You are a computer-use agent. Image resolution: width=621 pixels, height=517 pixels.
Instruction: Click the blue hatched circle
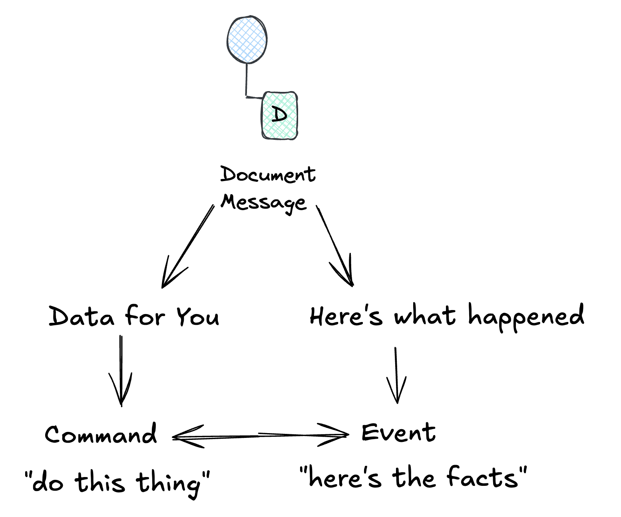coord(247,40)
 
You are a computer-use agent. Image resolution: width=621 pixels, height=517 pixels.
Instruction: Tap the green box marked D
coord(280,115)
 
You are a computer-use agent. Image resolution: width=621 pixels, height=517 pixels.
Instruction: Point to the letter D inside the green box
coord(279,114)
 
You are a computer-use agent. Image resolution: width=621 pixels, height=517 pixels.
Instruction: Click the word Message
coord(263,203)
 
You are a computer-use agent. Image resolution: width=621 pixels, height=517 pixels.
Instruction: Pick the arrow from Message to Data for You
coord(187,247)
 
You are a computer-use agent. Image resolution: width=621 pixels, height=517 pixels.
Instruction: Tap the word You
coord(198,316)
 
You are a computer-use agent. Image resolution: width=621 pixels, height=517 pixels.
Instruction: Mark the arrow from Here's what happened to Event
coord(396,375)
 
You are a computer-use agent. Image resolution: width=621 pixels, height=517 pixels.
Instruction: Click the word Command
coord(101,434)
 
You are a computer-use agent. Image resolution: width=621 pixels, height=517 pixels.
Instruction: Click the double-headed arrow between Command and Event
coord(261,436)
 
